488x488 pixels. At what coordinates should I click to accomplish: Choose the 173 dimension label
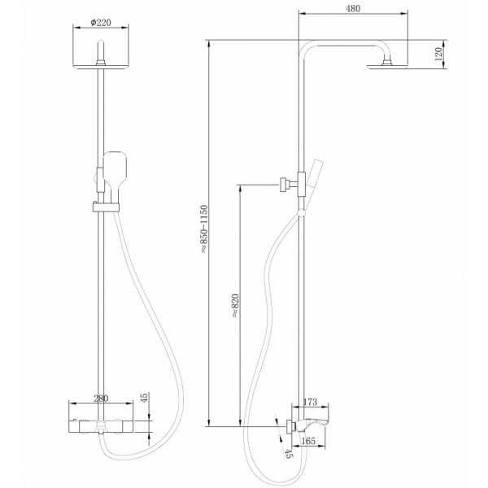[309, 402]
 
